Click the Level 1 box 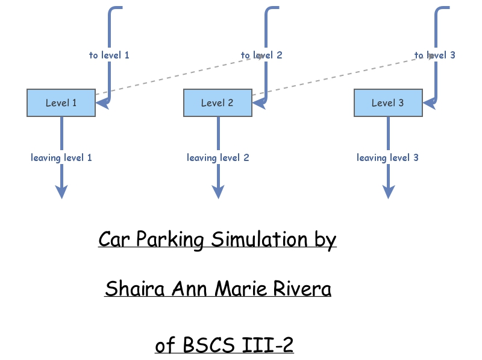[x=61, y=103]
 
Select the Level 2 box [x=217, y=103]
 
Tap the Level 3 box [x=387, y=103]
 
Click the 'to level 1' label [x=109, y=55]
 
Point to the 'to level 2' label [x=261, y=55]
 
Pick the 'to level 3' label [x=434, y=55]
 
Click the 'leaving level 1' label [x=61, y=157]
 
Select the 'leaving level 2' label [x=218, y=157]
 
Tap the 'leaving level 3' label [x=387, y=157]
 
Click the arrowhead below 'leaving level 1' [x=61, y=191]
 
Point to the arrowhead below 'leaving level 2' [x=218, y=191]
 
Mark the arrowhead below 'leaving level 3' [x=389, y=191]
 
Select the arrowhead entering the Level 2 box [x=258, y=103]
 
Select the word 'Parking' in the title [x=171, y=239]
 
